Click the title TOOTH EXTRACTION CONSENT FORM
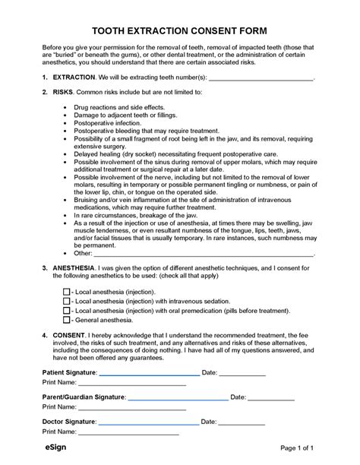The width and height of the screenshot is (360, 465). tap(179, 30)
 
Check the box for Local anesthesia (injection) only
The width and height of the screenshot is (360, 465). tap(67, 292)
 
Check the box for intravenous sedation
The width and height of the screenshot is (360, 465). tap(67, 301)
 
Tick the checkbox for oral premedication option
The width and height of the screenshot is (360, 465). tap(67, 310)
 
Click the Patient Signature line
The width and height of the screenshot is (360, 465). tap(149, 374)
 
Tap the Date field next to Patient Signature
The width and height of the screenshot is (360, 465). tap(243, 374)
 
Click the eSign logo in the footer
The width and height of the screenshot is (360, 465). tap(55, 449)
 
